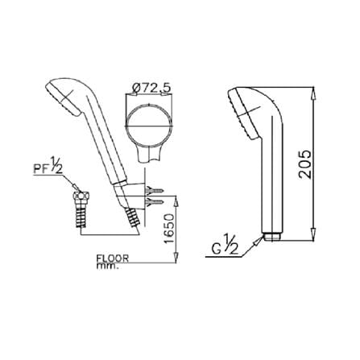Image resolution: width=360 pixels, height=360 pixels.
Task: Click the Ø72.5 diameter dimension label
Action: [x=151, y=88]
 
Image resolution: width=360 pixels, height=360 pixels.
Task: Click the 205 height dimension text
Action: [x=305, y=164]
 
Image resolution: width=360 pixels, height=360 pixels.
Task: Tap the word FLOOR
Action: [x=113, y=259]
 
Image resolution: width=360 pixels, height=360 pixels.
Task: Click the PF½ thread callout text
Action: [x=48, y=167]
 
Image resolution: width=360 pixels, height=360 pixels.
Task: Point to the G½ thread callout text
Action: [x=225, y=245]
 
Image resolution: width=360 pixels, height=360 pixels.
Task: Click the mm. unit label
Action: [x=107, y=267]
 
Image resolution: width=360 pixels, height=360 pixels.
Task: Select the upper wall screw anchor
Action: [x=154, y=190]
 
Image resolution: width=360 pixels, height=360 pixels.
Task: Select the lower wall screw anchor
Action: [x=154, y=201]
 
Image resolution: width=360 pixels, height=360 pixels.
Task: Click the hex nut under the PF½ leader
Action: [x=81, y=196]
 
